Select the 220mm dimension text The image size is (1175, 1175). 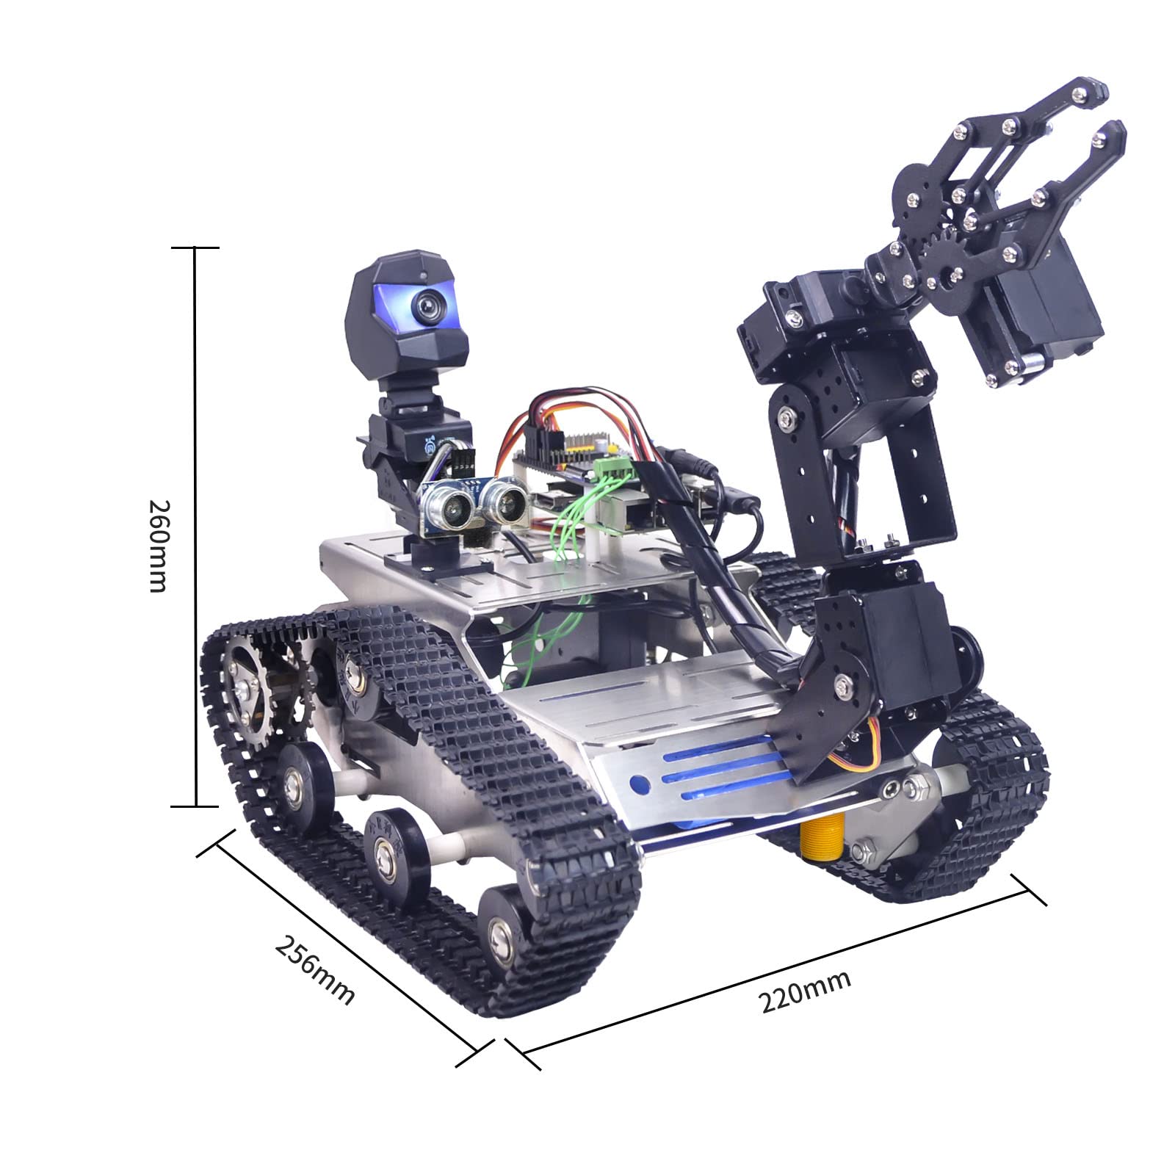(805, 991)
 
